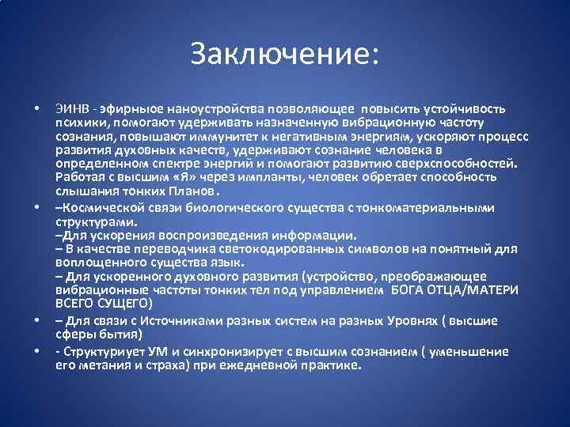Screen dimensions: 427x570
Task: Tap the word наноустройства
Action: [190, 108]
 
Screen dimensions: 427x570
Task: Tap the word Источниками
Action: [153, 320]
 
